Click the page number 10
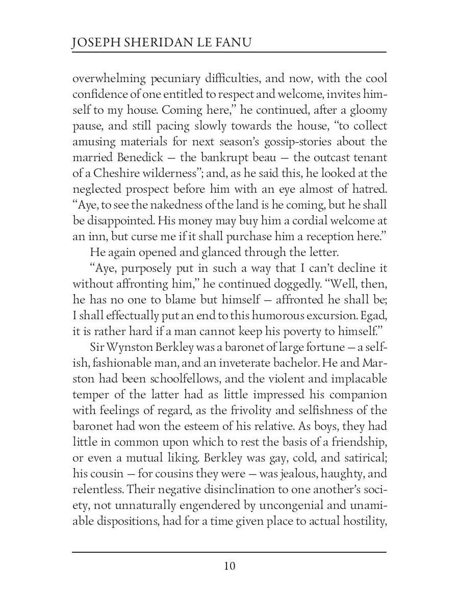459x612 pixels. pyautogui.click(x=229, y=566)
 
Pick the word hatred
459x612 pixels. pyautogui.click(x=368, y=189)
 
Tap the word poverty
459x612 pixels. pyautogui.click(x=277, y=331)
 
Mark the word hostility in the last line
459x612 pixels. pyautogui.click(x=361, y=522)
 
